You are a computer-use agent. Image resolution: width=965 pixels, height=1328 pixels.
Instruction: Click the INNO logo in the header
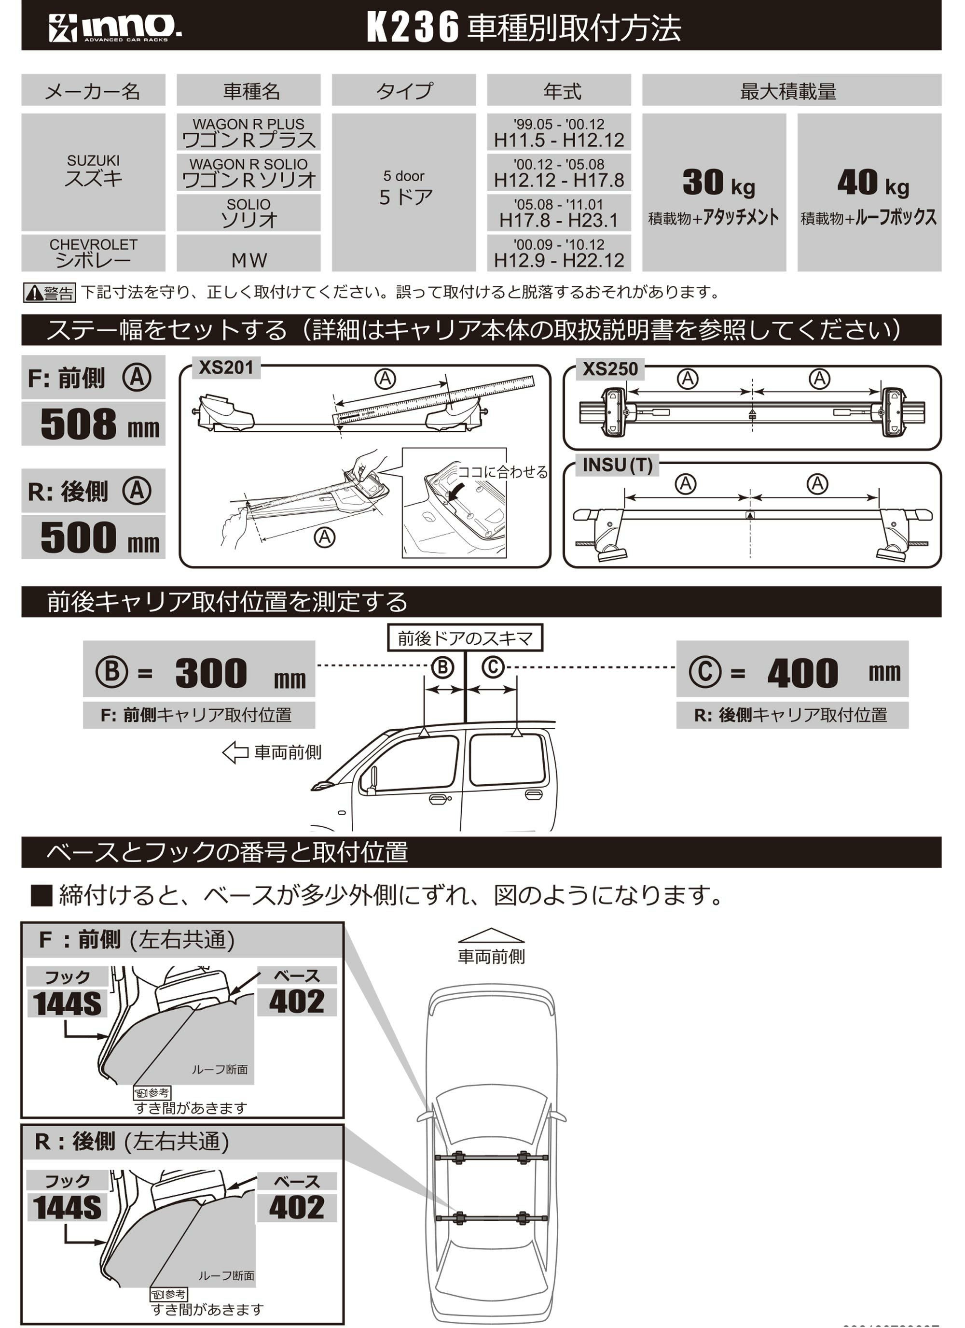point(115,28)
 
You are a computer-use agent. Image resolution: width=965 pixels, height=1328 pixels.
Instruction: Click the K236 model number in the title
point(413,28)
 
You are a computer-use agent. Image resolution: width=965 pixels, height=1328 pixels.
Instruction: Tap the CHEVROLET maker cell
point(93,253)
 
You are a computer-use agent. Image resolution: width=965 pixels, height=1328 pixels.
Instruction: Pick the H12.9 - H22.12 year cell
point(558,253)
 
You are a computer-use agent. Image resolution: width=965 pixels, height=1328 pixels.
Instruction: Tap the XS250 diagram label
point(610,369)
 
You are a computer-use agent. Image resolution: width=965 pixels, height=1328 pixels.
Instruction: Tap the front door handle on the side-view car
point(438,799)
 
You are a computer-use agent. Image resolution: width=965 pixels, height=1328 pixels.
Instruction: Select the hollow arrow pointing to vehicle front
point(236,752)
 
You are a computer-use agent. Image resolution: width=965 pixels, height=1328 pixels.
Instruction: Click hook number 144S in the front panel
point(67,1004)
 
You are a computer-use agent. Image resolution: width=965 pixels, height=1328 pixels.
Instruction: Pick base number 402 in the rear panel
point(297,1207)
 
